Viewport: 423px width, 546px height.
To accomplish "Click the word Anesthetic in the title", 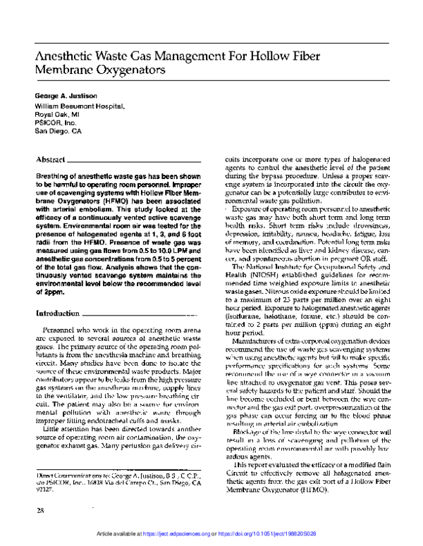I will (70, 58).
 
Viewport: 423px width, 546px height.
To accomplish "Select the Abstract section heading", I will (51, 161).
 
